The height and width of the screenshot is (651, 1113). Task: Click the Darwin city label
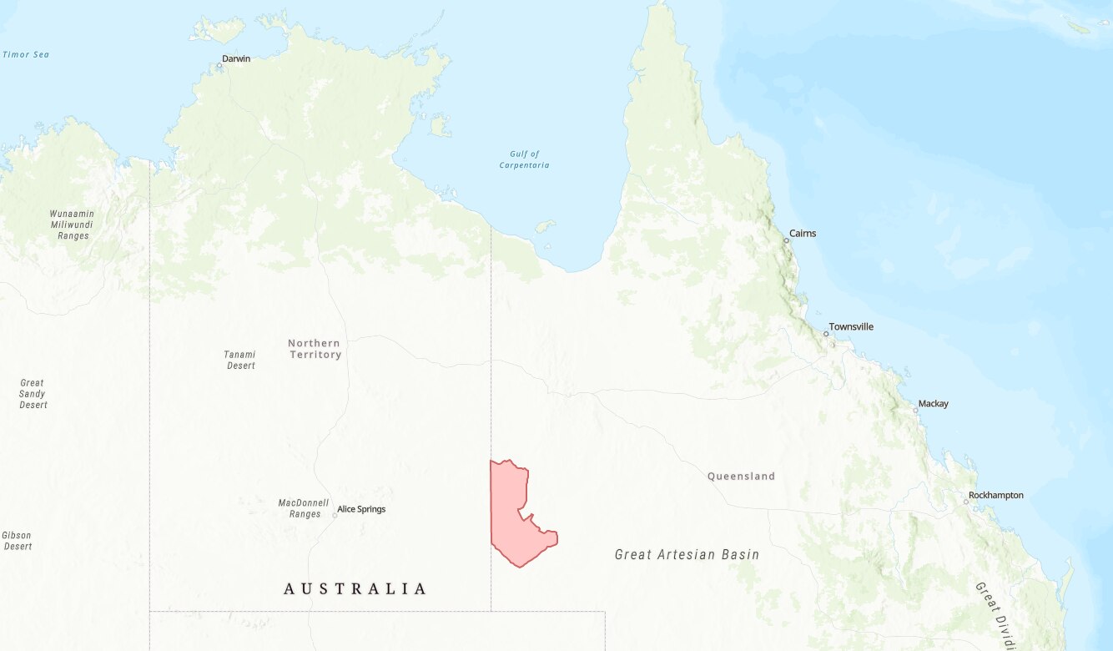point(236,58)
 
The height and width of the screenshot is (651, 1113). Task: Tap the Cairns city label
point(803,233)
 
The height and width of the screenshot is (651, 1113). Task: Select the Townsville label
point(851,326)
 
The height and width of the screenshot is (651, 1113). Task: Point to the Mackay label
point(933,404)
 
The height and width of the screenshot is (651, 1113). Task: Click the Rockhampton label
point(995,495)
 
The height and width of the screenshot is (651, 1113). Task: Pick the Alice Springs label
point(361,509)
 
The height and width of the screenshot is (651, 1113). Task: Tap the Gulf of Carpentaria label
point(524,159)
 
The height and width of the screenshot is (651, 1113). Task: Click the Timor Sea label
point(26,54)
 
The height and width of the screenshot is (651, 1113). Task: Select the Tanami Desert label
point(239,360)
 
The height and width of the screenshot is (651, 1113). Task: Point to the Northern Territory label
point(315,349)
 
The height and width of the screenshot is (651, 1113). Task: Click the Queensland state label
point(741,477)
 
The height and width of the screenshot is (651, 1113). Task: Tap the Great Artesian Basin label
point(687,554)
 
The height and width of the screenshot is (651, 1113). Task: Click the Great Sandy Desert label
point(33,394)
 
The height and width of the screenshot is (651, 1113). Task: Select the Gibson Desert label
point(18,541)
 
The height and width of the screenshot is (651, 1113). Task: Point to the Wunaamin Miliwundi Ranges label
point(73,225)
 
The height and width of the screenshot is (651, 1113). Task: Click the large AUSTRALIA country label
point(355,588)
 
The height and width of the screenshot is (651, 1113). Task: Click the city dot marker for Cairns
point(786,240)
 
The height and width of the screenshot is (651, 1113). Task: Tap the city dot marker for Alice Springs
point(335,515)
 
